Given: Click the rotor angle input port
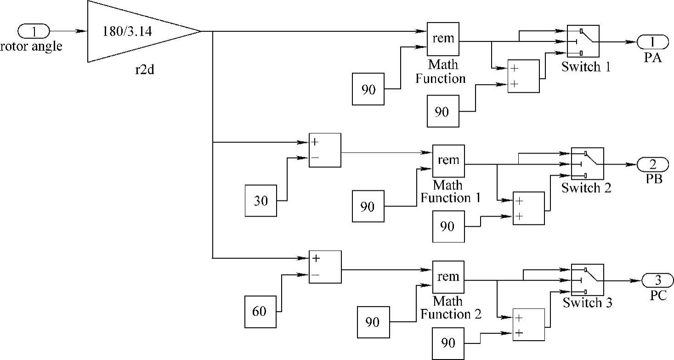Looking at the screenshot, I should pos(33,31).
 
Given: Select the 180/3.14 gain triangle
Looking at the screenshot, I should pos(133,31).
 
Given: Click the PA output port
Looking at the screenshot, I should pos(652,42).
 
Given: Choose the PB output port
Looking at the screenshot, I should pos(652,164).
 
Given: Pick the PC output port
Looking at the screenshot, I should pos(657,280).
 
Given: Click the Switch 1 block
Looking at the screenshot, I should pos(583,41).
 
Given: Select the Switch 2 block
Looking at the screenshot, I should pos(587,164).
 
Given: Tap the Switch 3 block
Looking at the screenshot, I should pos(587,280).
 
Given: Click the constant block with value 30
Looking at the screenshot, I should pos(261,200).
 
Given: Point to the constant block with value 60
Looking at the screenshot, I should pos(261,312).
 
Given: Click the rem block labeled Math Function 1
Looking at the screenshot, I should pos(448,161).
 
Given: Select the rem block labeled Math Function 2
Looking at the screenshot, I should pos(448,277).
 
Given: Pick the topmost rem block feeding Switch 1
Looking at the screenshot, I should pos(443,39).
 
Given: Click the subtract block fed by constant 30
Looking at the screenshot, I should pos(325,150).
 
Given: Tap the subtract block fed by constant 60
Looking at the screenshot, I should pos(325,267).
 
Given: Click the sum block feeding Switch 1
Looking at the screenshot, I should pos(523,76).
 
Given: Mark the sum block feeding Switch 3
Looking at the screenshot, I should pos(528,325).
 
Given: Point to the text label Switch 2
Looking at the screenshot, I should pos(586,188).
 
